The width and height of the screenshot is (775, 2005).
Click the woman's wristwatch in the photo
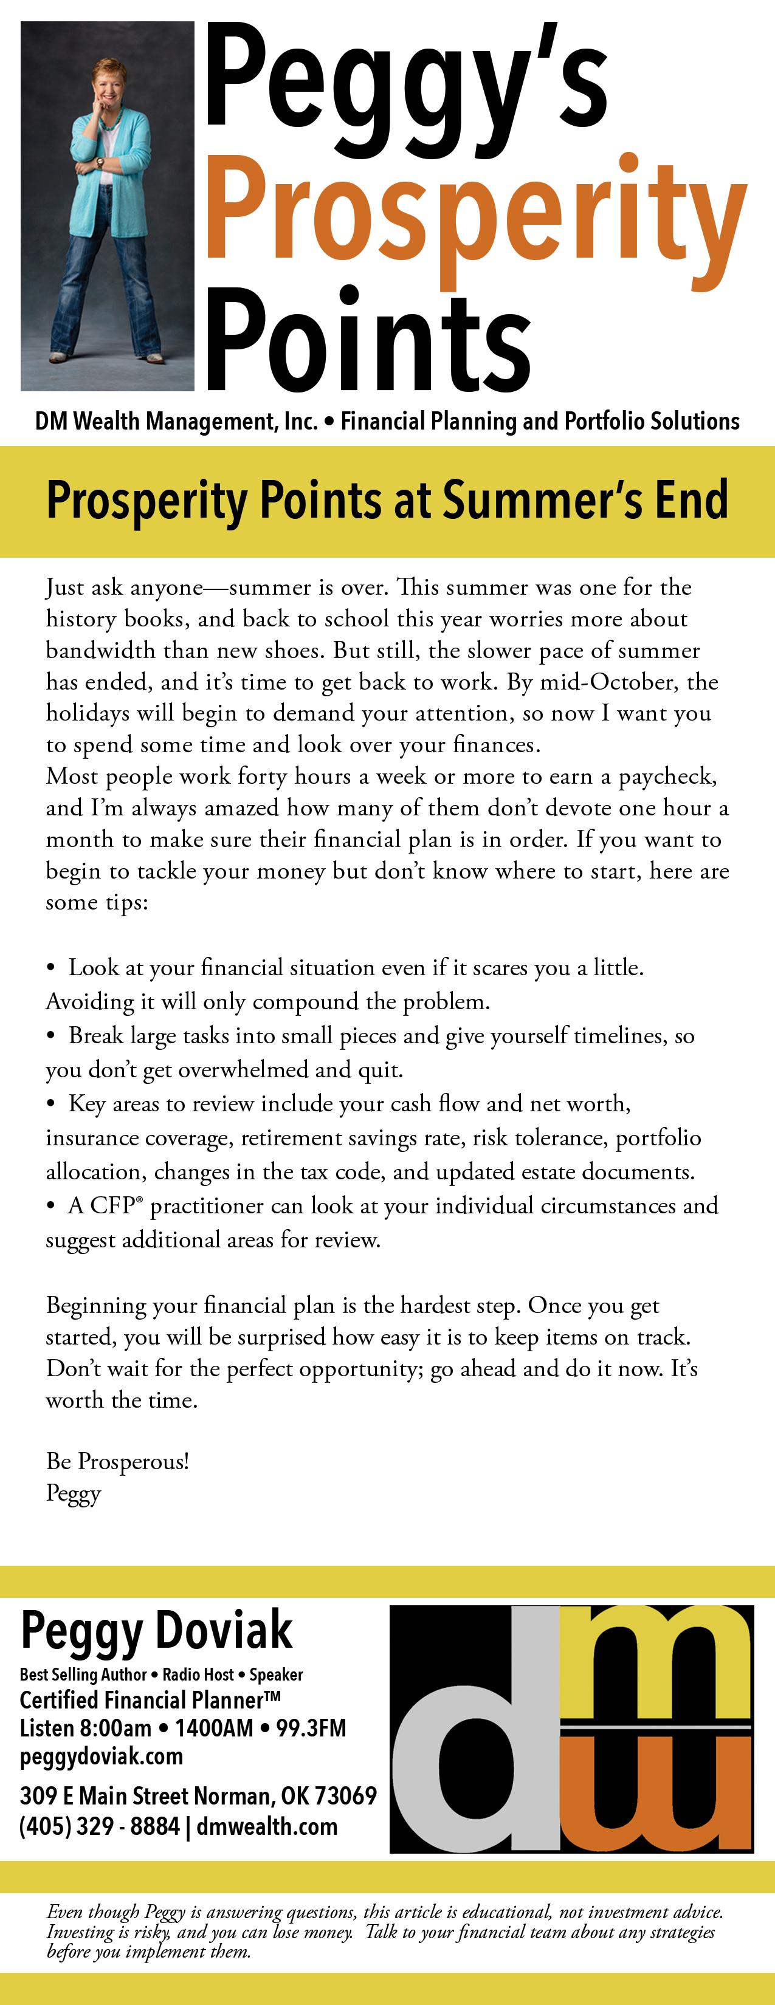point(100,163)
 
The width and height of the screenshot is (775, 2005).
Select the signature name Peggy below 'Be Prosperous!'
point(73,1493)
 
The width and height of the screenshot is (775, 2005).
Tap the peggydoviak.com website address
point(102,1757)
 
